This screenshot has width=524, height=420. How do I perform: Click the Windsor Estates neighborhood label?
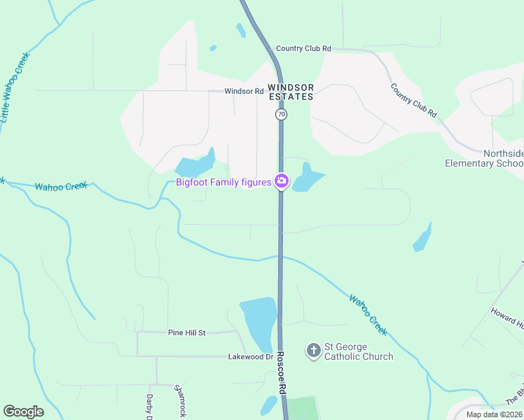(x=291, y=92)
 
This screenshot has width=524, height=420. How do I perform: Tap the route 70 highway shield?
(x=281, y=113)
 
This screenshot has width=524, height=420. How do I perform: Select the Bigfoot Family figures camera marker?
(x=282, y=182)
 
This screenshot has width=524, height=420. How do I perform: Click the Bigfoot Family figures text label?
(x=223, y=183)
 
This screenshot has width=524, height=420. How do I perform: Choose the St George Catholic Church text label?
(x=358, y=351)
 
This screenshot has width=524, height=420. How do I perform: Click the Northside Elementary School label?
(x=484, y=158)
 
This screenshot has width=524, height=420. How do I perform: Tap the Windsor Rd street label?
(x=244, y=91)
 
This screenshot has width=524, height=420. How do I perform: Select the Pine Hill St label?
(x=186, y=332)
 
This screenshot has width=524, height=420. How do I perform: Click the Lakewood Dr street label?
(x=250, y=356)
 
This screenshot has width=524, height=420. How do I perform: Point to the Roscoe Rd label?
(x=282, y=383)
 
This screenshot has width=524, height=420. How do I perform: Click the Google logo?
(x=23, y=412)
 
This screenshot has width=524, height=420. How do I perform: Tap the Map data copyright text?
(x=494, y=414)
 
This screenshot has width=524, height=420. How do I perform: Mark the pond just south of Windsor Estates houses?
(x=195, y=166)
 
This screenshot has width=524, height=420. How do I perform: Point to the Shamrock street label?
(x=180, y=401)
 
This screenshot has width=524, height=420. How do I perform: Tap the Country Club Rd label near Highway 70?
(x=303, y=48)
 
